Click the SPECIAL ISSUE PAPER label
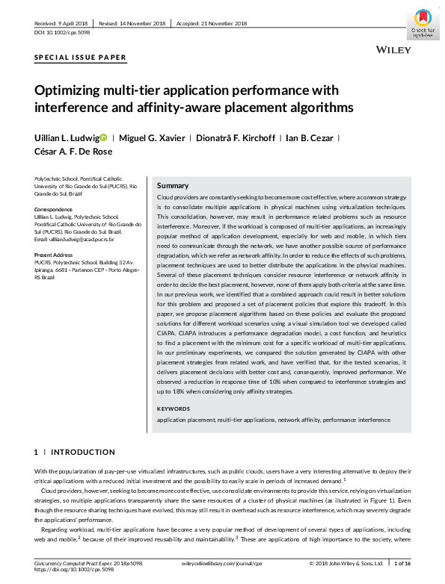(x=81, y=58)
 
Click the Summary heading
(x=173, y=185)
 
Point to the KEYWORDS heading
(x=174, y=409)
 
